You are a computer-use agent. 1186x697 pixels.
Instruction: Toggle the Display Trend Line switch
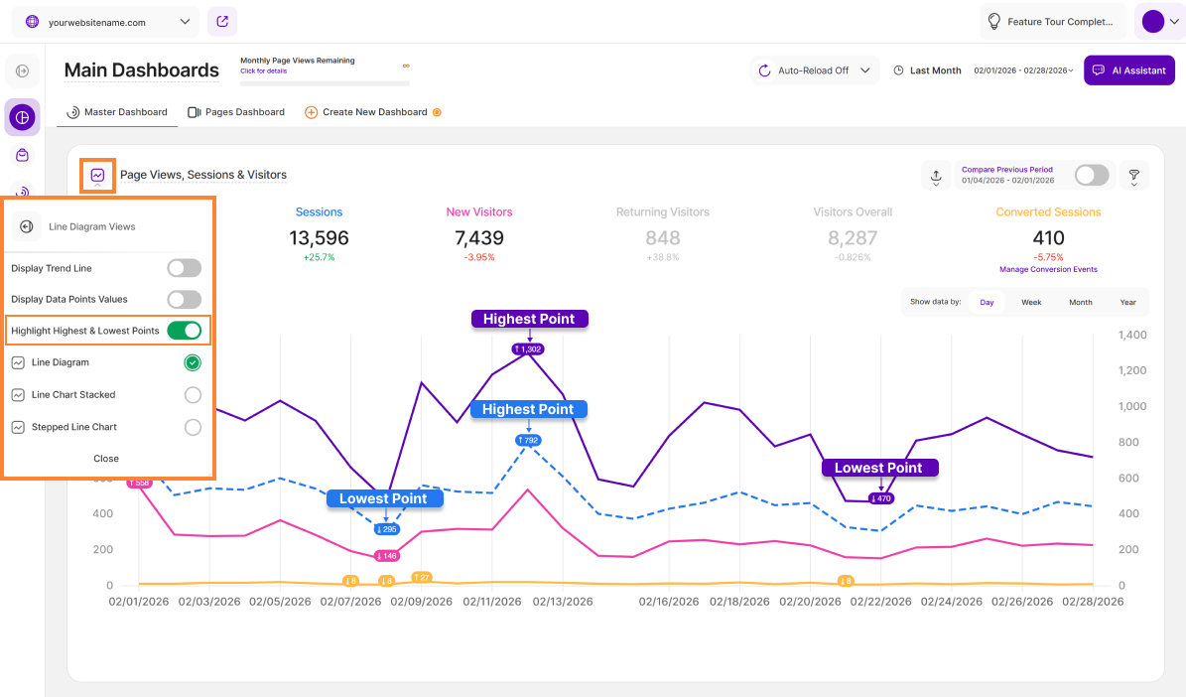(184, 268)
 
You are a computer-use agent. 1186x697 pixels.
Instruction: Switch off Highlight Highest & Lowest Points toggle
(184, 331)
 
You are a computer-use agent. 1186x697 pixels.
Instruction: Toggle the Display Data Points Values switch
(184, 299)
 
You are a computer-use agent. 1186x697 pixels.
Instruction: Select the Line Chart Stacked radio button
(193, 395)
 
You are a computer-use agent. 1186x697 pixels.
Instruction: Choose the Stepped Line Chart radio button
(193, 427)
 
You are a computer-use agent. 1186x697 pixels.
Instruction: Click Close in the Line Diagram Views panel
(106, 459)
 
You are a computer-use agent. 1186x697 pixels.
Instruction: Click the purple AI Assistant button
(1129, 70)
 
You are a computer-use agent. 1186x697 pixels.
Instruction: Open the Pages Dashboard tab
(236, 112)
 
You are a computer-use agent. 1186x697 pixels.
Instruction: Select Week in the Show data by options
(1031, 302)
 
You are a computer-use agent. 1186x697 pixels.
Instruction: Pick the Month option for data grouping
(1081, 302)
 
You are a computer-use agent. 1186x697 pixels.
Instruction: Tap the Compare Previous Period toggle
(1092, 176)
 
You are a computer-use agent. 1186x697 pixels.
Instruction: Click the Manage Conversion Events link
(1049, 269)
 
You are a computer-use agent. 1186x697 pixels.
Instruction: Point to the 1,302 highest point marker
(528, 349)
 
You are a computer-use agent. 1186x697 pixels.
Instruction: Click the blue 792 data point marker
(528, 440)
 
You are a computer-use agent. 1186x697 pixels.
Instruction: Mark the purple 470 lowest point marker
(881, 498)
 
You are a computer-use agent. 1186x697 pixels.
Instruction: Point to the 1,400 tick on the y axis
(1132, 336)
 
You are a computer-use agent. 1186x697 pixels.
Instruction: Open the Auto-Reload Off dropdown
(815, 70)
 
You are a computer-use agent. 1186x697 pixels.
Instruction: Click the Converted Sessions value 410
(1048, 238)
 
